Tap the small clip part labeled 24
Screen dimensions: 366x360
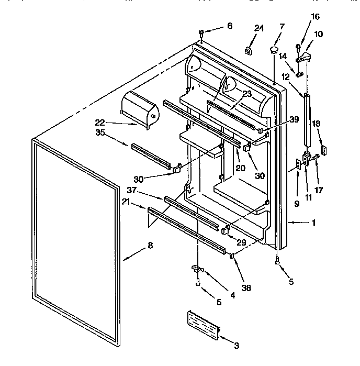coord(248,50)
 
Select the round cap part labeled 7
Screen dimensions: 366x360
coord(274,50)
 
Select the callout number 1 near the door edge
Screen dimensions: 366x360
coord(313,223)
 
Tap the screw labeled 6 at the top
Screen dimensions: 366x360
coord(201,35)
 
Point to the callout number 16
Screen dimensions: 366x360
coord(314,17)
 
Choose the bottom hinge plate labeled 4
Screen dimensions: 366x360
coord(198,269)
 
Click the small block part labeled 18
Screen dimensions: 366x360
coord(324,150)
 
